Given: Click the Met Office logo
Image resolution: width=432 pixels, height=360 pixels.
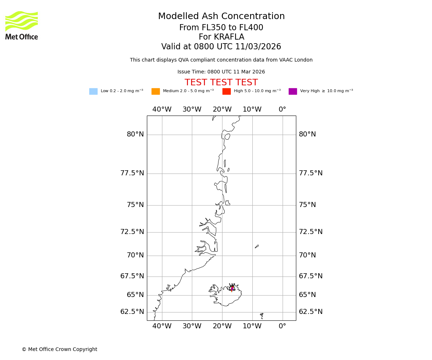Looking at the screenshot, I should (x=22, y=25).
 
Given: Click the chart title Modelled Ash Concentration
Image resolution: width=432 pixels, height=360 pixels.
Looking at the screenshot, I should (x=221, y=17).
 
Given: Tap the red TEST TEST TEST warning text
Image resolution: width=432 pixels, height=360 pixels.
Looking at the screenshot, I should (x=221, y=83).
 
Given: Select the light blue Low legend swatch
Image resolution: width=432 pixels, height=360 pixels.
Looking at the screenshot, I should (x=93, y=91).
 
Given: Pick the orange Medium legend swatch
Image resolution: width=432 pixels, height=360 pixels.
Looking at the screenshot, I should (x=156, y=91).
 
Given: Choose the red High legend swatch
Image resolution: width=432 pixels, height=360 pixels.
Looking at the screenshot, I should (x=226, y=91).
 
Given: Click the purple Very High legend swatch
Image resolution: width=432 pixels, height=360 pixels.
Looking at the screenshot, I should (x=293, y=91).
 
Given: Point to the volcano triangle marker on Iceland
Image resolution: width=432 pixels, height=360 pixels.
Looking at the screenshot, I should (x=232, y=288).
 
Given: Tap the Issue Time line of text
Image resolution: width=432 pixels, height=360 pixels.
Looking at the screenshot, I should (x=221, y=72).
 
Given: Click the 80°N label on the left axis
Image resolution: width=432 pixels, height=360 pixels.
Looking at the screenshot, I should (x=135, y=134).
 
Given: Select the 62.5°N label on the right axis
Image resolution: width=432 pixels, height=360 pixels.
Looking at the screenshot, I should (x=311, y=312).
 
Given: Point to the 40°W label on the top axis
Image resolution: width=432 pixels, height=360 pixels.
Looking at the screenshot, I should (x=162, y=109).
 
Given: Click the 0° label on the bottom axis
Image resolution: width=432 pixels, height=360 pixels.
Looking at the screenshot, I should (x=282, y=327).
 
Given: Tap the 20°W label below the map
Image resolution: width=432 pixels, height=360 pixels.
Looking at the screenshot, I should (x=222, y=327).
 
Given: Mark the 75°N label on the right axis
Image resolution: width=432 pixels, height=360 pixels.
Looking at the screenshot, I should (x=307, y=205).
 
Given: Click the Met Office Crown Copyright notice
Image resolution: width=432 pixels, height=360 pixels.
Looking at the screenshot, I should (x=59, y=350).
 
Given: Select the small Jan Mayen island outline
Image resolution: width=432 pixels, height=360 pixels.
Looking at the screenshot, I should (x=257, y=247).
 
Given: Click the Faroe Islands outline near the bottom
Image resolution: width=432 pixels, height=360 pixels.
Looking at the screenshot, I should (x=262, y=316).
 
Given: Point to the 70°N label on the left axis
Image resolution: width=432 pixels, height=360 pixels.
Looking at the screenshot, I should (x=135, y=255).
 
